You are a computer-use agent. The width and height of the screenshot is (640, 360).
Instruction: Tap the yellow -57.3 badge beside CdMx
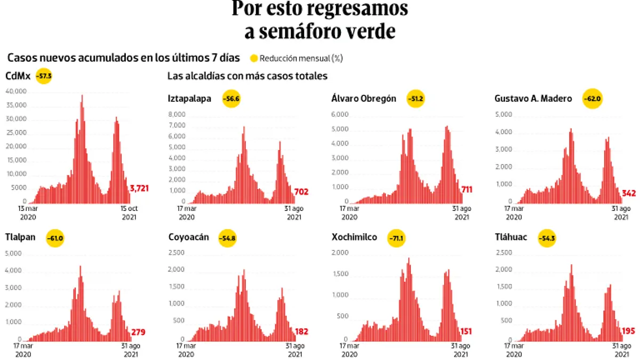click(x=44, y=76)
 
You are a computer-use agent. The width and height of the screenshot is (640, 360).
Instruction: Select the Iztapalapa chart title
click(x=189, y=99)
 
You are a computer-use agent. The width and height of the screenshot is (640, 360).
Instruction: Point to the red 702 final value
click(x=301, y=192)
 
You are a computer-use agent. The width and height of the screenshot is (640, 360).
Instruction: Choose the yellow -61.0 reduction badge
click(x=55, y=238)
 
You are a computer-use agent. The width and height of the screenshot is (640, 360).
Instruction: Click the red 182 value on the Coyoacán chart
click(x=301, y=332)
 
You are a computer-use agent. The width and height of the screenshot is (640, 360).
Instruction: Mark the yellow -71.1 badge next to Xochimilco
click(x=397, y=238)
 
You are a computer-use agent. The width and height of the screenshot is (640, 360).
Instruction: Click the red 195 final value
click(x=628, y=332)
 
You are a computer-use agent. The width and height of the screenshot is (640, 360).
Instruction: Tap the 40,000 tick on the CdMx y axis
click(x=16, y=92)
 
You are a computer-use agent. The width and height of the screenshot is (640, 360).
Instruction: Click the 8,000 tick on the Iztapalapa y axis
click(x=177, y=115)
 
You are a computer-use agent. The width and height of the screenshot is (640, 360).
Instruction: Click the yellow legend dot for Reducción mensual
click(x=254, y=58)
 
